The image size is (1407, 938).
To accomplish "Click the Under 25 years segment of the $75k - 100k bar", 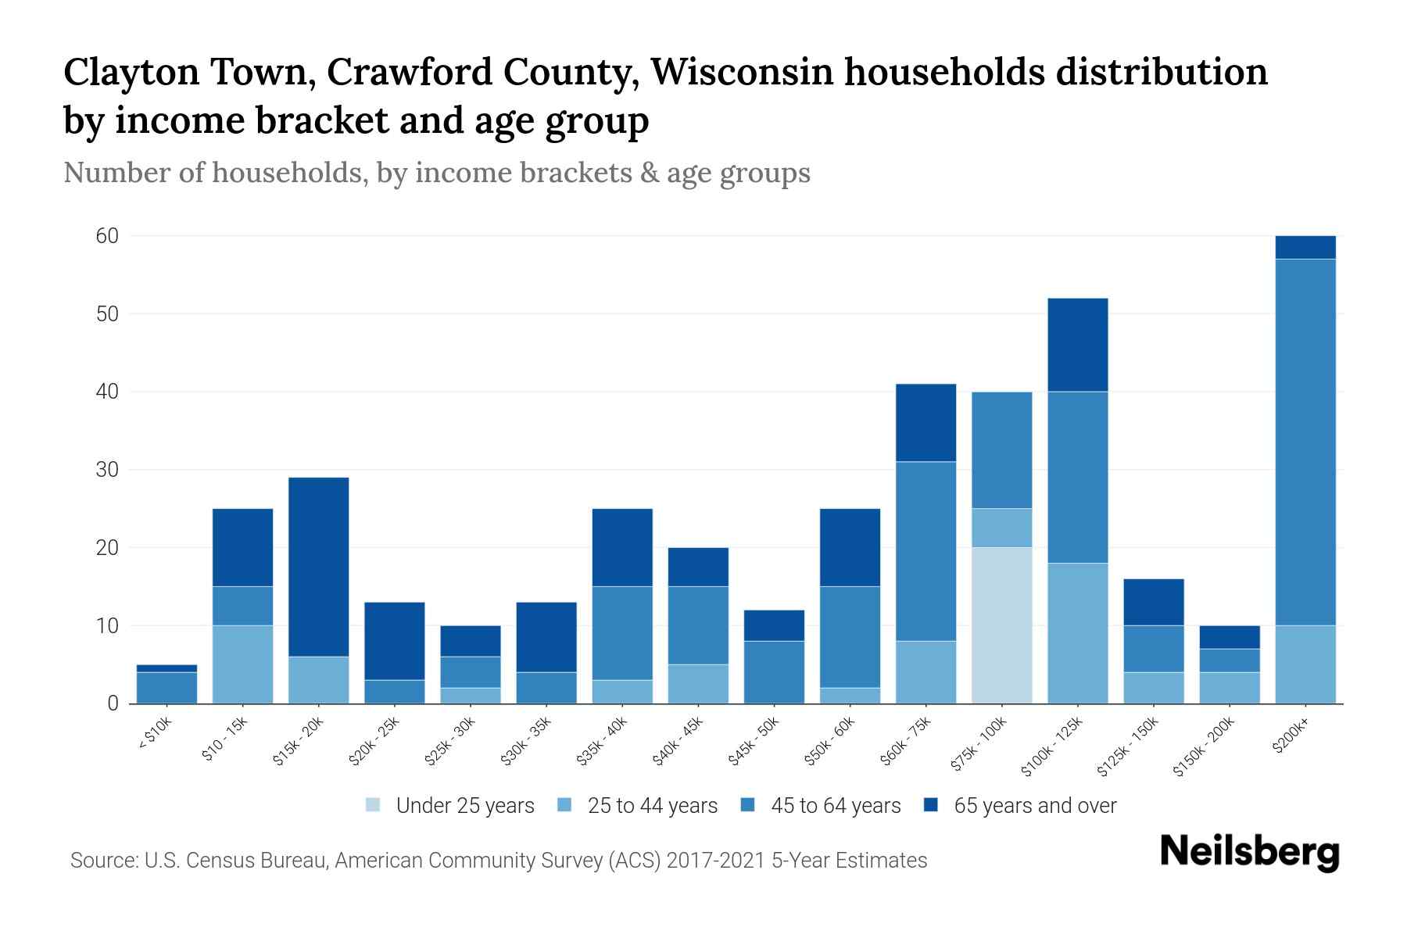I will click(1001, 625).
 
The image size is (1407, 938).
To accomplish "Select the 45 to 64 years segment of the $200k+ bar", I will click(1305, 442).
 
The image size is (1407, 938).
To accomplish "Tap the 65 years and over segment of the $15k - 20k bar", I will click(318, 567).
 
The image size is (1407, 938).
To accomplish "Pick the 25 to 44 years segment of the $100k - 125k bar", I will click(1077, 633).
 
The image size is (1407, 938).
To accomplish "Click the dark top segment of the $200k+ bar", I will click(1305, 247).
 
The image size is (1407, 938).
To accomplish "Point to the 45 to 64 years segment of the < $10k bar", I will click(166, 688).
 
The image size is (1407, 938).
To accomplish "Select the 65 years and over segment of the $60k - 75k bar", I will click(925, 423).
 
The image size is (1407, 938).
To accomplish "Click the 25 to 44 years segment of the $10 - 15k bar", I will click(242, 664).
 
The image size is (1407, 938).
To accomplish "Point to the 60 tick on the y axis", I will click(107, 236).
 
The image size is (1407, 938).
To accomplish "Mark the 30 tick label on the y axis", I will click(107, 470).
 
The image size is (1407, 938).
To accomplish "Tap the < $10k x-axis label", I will click(156, 734).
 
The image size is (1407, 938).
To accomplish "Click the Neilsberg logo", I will click(1249, 852).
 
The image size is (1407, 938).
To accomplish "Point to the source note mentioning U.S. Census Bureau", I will click(499, 861).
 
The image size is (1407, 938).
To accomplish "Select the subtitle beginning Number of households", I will click(436, 173).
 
